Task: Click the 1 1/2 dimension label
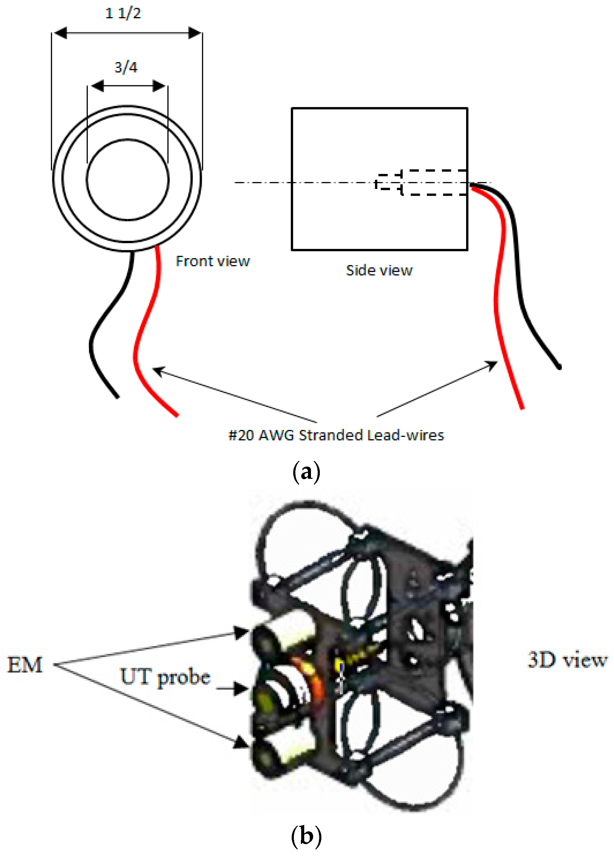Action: (123, 13)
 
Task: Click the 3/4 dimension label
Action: (126, 67)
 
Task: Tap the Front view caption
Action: (213, 261)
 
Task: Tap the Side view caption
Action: (379, 271)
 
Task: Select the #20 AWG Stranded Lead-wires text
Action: (336, 435)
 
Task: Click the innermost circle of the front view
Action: (128, 180)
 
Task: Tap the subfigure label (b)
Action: (306, 836)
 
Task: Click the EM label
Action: (25, 665)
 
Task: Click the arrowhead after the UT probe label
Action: (240, 689)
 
